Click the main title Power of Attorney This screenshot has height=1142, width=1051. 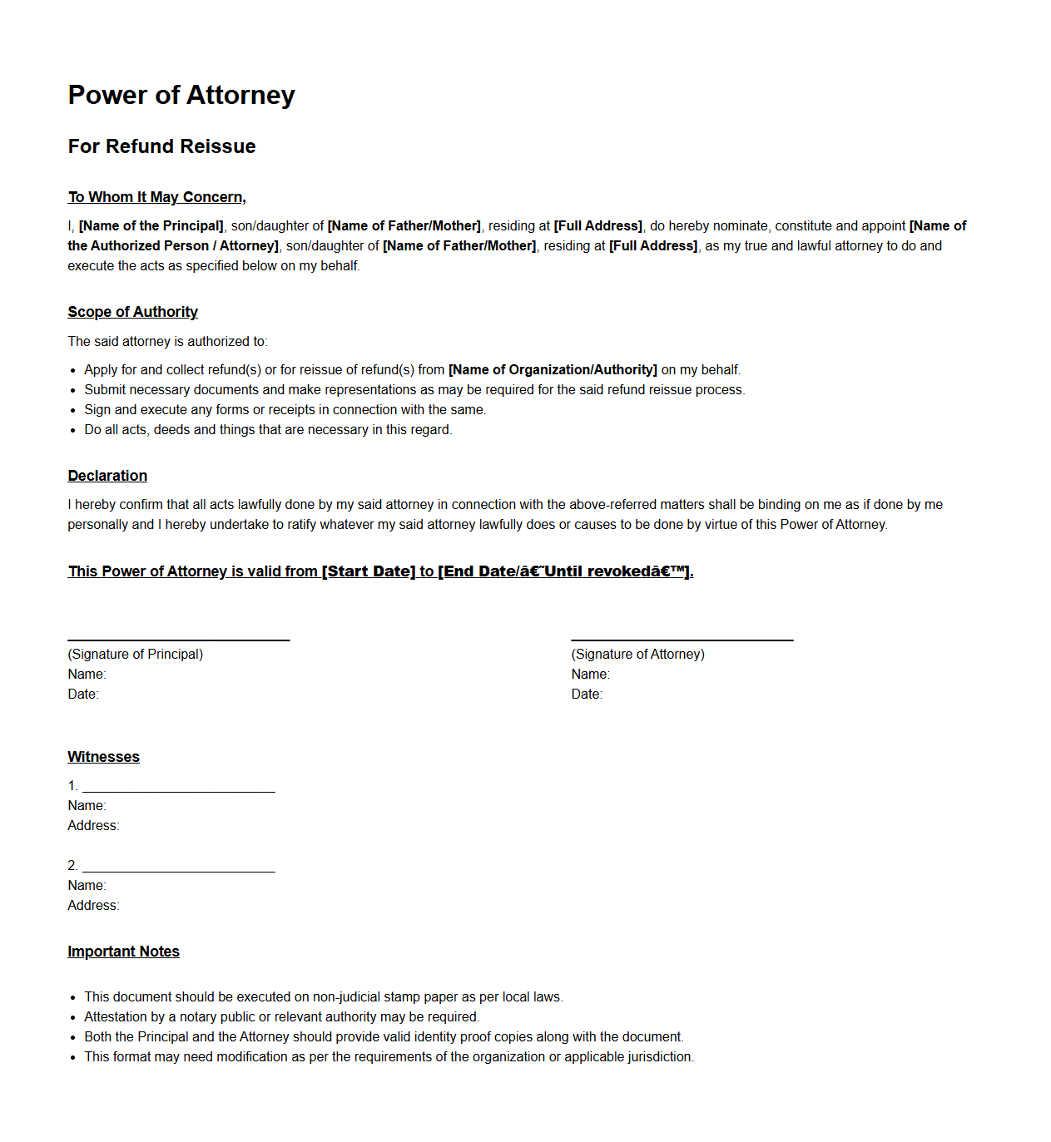click(x=181, y=95)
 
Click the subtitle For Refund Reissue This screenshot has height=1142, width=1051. click(x=161, y=146)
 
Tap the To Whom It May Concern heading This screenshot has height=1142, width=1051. click(x=156, y=197)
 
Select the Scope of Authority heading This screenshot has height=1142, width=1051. click(x=132, y=312)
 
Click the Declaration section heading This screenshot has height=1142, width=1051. click(x=107, y=476)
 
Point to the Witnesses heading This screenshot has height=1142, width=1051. click(x=103, y=757)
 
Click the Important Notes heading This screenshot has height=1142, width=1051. click(x=123, y=952)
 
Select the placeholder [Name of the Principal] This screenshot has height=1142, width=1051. click(x=151, y=226)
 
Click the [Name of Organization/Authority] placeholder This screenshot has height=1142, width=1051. click(x=553, y=370)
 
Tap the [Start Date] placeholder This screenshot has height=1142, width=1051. click(x=369, y=571)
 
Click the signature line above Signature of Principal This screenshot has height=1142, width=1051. click(x=178, y=640)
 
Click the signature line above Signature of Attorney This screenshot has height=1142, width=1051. click(x=682, y=640)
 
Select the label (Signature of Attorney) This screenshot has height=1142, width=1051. click(x=637, y=655)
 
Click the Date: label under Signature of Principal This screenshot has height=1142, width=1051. click(x=83, y=695)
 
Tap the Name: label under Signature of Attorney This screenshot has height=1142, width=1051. click(x=590, y=675)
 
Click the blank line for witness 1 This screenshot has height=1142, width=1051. click(x=178, y=791)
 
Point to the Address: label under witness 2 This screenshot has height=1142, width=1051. click(x=93, y=906)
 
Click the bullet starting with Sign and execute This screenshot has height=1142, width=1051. click(x=285, y=410)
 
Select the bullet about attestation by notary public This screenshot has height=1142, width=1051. click(x=281, y=1017)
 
